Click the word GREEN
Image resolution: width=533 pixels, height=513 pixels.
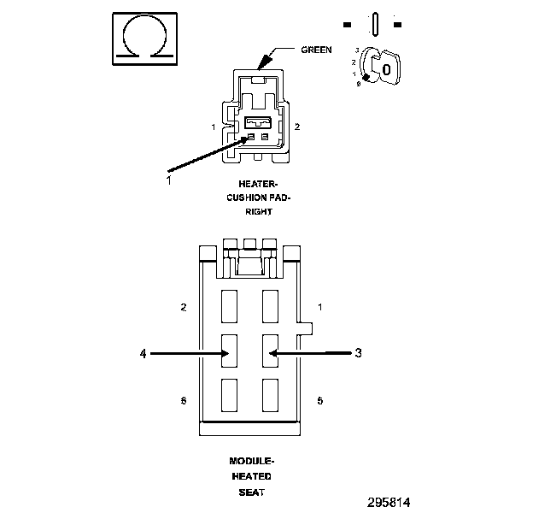pos(316,50)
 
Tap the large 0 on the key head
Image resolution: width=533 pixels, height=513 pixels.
pos(386,69)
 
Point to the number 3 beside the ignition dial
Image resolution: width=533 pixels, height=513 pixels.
pos(356,52)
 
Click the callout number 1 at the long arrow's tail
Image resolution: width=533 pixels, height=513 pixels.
pos(168,180)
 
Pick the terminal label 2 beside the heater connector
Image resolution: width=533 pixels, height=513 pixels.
pos(296,127)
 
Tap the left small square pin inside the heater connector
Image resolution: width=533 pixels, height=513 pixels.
pos(251,137)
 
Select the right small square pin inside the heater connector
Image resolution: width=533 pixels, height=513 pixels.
pos(265,137)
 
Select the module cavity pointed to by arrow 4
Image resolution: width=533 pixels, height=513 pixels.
pos(230,351)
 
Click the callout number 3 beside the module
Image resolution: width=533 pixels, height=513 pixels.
pos(359,351)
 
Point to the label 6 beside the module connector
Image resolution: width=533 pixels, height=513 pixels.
pos(184,400)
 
